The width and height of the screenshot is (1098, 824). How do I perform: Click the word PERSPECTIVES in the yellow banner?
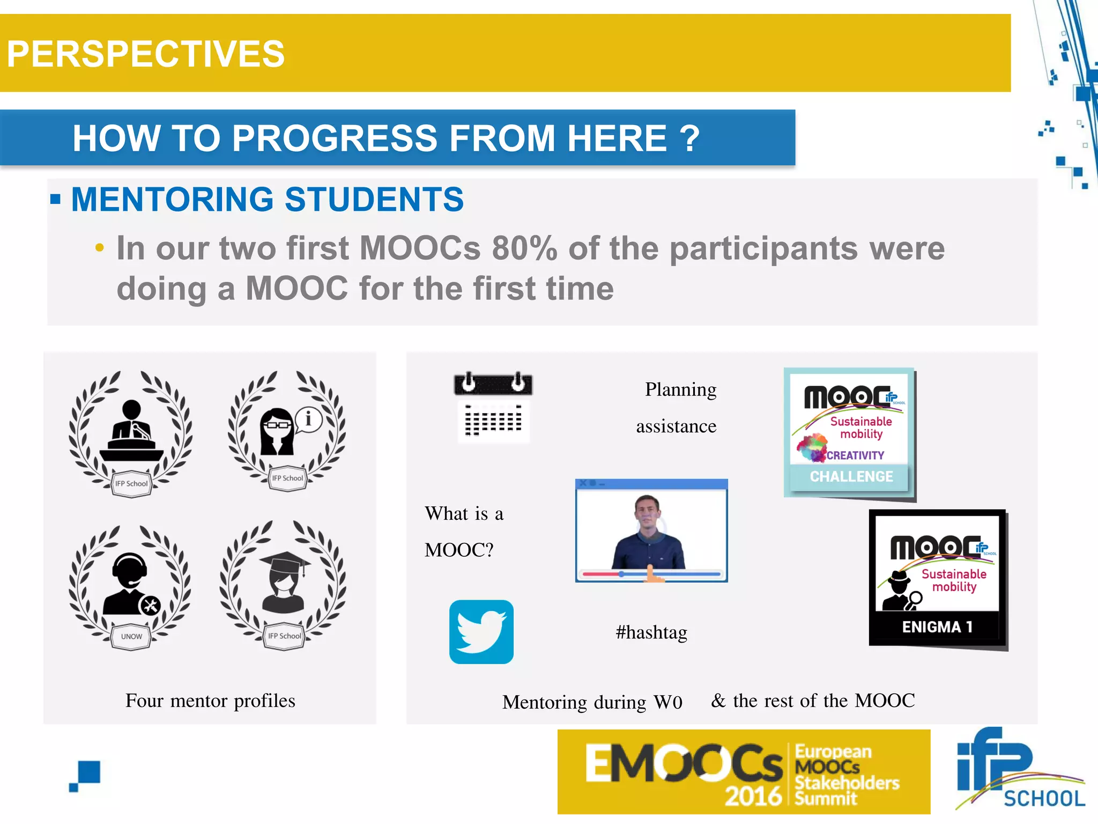pyautogui.click(x=145, y=54)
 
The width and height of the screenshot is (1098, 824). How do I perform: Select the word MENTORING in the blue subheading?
pyautogui.click(x=172, y=200)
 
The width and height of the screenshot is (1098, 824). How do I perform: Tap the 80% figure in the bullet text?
pyautogui.click(x=524, y=248)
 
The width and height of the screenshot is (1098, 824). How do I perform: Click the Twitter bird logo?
pyautogui.click(x=481, y=632)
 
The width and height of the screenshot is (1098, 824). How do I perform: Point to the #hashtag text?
pyautogui.click(x=651, y=632)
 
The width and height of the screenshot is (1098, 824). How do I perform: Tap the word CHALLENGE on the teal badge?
pyautogui.click(x=851, y=476)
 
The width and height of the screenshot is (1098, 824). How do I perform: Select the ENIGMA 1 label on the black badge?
pyautogui.click(x=937, y=627)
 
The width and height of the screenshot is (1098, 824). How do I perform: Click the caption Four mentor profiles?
pyautogui.click(x=210, y=701)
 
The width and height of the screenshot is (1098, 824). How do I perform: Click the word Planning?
pyautogui.click(x=680, y=389)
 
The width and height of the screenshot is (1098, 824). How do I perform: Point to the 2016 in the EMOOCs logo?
pyautogui.click(x=753, y=796)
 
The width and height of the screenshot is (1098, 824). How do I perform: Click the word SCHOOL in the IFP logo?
pyautogui.click(x=1044, y=798)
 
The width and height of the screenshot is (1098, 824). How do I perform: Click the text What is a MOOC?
pyautogui.click(x=464, y=531)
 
